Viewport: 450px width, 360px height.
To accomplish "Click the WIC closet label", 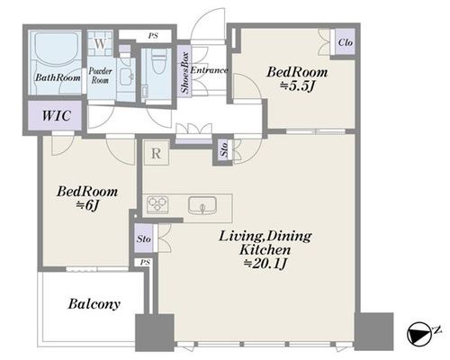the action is click(56, 115).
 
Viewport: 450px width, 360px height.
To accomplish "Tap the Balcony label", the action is click(94, 304).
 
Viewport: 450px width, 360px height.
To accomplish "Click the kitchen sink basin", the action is click(202, 205).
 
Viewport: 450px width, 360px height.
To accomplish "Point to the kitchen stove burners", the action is click(157, 204).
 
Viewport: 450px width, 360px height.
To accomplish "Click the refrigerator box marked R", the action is click(157, 153).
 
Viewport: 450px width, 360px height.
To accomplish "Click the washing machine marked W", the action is click(100, 43).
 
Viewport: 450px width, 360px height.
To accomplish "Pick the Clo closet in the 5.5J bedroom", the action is click(345, 42).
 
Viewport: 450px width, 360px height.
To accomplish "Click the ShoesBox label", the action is click(184, 72).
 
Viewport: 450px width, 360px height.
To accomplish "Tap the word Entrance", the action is click(209, 70).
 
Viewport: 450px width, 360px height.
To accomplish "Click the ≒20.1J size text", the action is click(265, 264).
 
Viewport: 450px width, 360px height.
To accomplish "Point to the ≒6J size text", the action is click(87, 205).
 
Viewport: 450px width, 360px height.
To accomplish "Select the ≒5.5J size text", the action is click(297, 86).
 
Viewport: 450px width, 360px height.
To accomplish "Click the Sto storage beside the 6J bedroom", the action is click(144, 238).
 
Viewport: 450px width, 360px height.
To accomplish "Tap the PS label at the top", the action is click(153, 36).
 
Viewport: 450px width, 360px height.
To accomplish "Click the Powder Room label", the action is click(100, 76).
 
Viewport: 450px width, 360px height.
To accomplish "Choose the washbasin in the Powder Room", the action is click(127, 76).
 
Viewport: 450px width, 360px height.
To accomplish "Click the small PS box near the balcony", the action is click(145, 263).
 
